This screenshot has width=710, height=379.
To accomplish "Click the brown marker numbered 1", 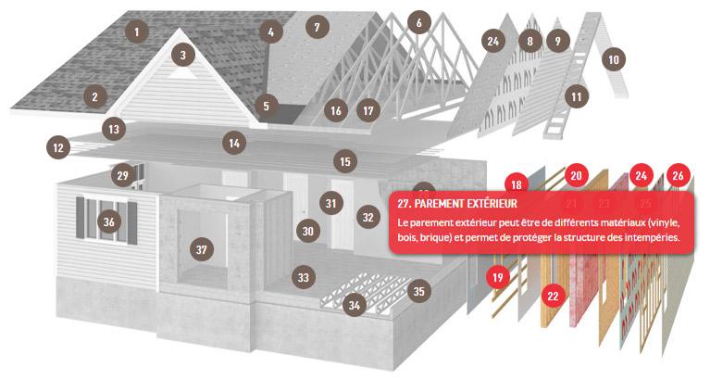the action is tap(136, 32).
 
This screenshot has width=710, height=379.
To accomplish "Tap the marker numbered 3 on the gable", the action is tap(183, 56).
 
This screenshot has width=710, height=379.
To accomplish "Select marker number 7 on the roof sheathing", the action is tap(317, 27).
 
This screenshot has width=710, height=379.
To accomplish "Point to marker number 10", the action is tap(614, 59).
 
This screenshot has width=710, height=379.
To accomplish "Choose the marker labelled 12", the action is tap(58, 147).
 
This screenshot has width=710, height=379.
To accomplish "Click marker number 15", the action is tap(345, 161).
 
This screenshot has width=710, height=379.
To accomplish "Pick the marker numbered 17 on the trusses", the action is tap(368, 110).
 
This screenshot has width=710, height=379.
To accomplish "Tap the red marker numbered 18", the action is tap(517, 184).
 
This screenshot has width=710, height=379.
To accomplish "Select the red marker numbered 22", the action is tap(553, 296).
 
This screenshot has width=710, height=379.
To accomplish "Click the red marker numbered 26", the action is tap(678, 175).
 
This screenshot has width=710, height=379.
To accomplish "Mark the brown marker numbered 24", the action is tap(493, 42).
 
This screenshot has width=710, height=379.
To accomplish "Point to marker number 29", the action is tap(123, 175).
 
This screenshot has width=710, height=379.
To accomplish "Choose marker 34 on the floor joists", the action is tap(355, 305).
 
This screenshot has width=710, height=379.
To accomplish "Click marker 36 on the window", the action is tap(108, 221).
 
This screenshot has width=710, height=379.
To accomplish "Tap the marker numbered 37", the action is tap(202, 249).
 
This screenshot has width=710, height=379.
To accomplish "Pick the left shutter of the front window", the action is tap(81, 218).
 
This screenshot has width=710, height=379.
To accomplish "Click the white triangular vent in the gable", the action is tap(182, 73).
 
